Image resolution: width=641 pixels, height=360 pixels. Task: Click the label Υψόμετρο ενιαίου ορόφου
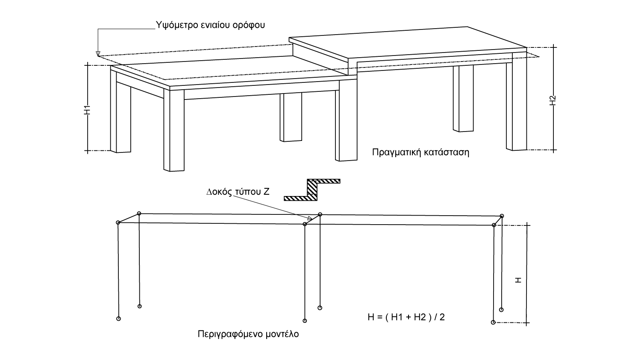[211, 25]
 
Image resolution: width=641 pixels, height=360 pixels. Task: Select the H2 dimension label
[553, 100]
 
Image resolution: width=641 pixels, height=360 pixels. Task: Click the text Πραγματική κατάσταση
[420, 152]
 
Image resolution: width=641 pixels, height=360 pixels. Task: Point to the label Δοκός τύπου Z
[238, 192]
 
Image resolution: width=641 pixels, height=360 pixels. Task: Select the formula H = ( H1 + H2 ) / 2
[406, 317]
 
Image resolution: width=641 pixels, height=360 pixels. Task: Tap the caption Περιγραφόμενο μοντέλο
[248, 334]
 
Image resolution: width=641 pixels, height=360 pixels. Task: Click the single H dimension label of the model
[518, 280]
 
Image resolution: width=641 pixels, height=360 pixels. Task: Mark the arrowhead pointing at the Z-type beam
[310, 221]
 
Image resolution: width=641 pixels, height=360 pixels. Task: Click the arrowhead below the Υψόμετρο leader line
[98, 53]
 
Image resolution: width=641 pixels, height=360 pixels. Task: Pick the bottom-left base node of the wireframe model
[119, 319]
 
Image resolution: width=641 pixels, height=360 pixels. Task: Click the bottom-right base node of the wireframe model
[494, 322]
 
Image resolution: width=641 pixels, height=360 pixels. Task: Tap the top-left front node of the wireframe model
[118, 222]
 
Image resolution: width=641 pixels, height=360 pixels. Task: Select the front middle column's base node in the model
[305, 321]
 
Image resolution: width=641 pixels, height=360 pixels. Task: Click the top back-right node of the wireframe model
[502, 216]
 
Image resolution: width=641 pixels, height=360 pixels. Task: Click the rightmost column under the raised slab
[516, 102]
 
